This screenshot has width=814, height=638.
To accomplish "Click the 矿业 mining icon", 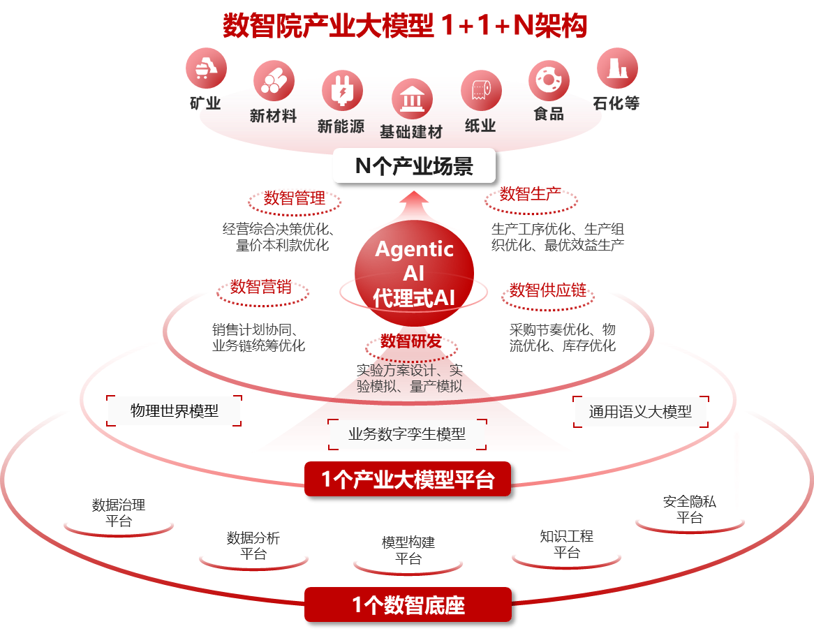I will [x=206, y=68].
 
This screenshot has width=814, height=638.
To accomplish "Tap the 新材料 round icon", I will [x=274, y=80].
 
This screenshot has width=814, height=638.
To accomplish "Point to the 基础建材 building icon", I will [x=413, y=99].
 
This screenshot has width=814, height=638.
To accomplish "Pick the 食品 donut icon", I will [x=549, y=81].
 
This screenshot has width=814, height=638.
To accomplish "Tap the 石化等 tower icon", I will [x=617, y=68].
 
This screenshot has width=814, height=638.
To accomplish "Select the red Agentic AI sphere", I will [x=414, y=272].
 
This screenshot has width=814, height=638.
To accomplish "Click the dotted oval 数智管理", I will [x=295, y=200].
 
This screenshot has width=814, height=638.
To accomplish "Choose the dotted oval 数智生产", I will [x=531, y=198].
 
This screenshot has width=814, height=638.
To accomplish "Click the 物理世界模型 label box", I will [x=175, y=410].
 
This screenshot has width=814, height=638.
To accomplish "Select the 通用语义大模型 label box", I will [x=640, y=411].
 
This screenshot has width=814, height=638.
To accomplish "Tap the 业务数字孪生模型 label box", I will [x=407, y=433].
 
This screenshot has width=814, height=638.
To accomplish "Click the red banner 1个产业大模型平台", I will [x=410, y=480].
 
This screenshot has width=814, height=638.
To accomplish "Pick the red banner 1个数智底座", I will [x=408, y=605].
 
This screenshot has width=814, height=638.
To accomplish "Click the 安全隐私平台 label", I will [x=689, y=510].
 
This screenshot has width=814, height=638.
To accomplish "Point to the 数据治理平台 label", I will [x=119, y=512].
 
